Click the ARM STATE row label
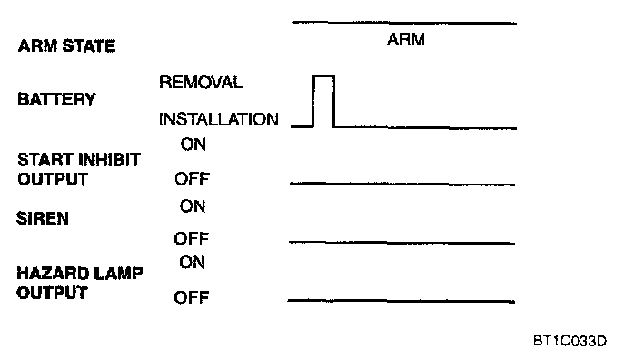[x=66, y=45]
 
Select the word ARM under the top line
[x=406, y=39]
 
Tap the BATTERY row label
[x=56, y=99]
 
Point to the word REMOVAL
[x=201, y=82]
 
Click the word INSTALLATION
[x=218, y=119]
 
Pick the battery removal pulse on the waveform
[x=323, y=75]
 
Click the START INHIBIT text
[x=79, y=159]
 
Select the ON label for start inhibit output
[x=193, y=145]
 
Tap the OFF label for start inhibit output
[x=192, y=178]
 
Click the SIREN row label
[x=43, y=218]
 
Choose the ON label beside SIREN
[x=192, y=206]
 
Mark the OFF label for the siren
[x=191, y=238]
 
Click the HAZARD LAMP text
[x=79, y=274]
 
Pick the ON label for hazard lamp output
[x=192, y=263]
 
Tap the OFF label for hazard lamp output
[x=191, y=297]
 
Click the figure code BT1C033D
[x=570, y=341]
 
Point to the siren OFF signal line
[x=402, y=243]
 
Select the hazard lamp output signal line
[x=401, y=301]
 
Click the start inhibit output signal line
[x=402, y=184]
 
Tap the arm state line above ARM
[x=404, y=23]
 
